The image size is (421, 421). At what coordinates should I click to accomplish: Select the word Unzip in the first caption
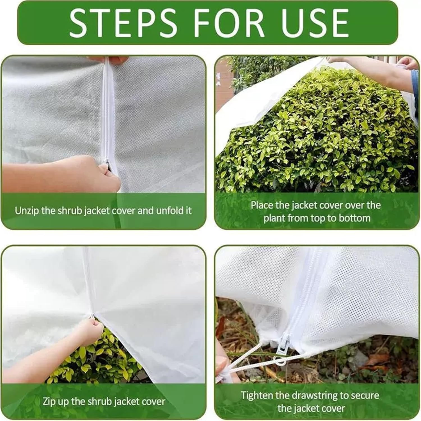pos(27,210)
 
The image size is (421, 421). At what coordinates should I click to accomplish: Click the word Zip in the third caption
pos(49,401)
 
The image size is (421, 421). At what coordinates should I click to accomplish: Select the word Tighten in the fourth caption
pos(257,395)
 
